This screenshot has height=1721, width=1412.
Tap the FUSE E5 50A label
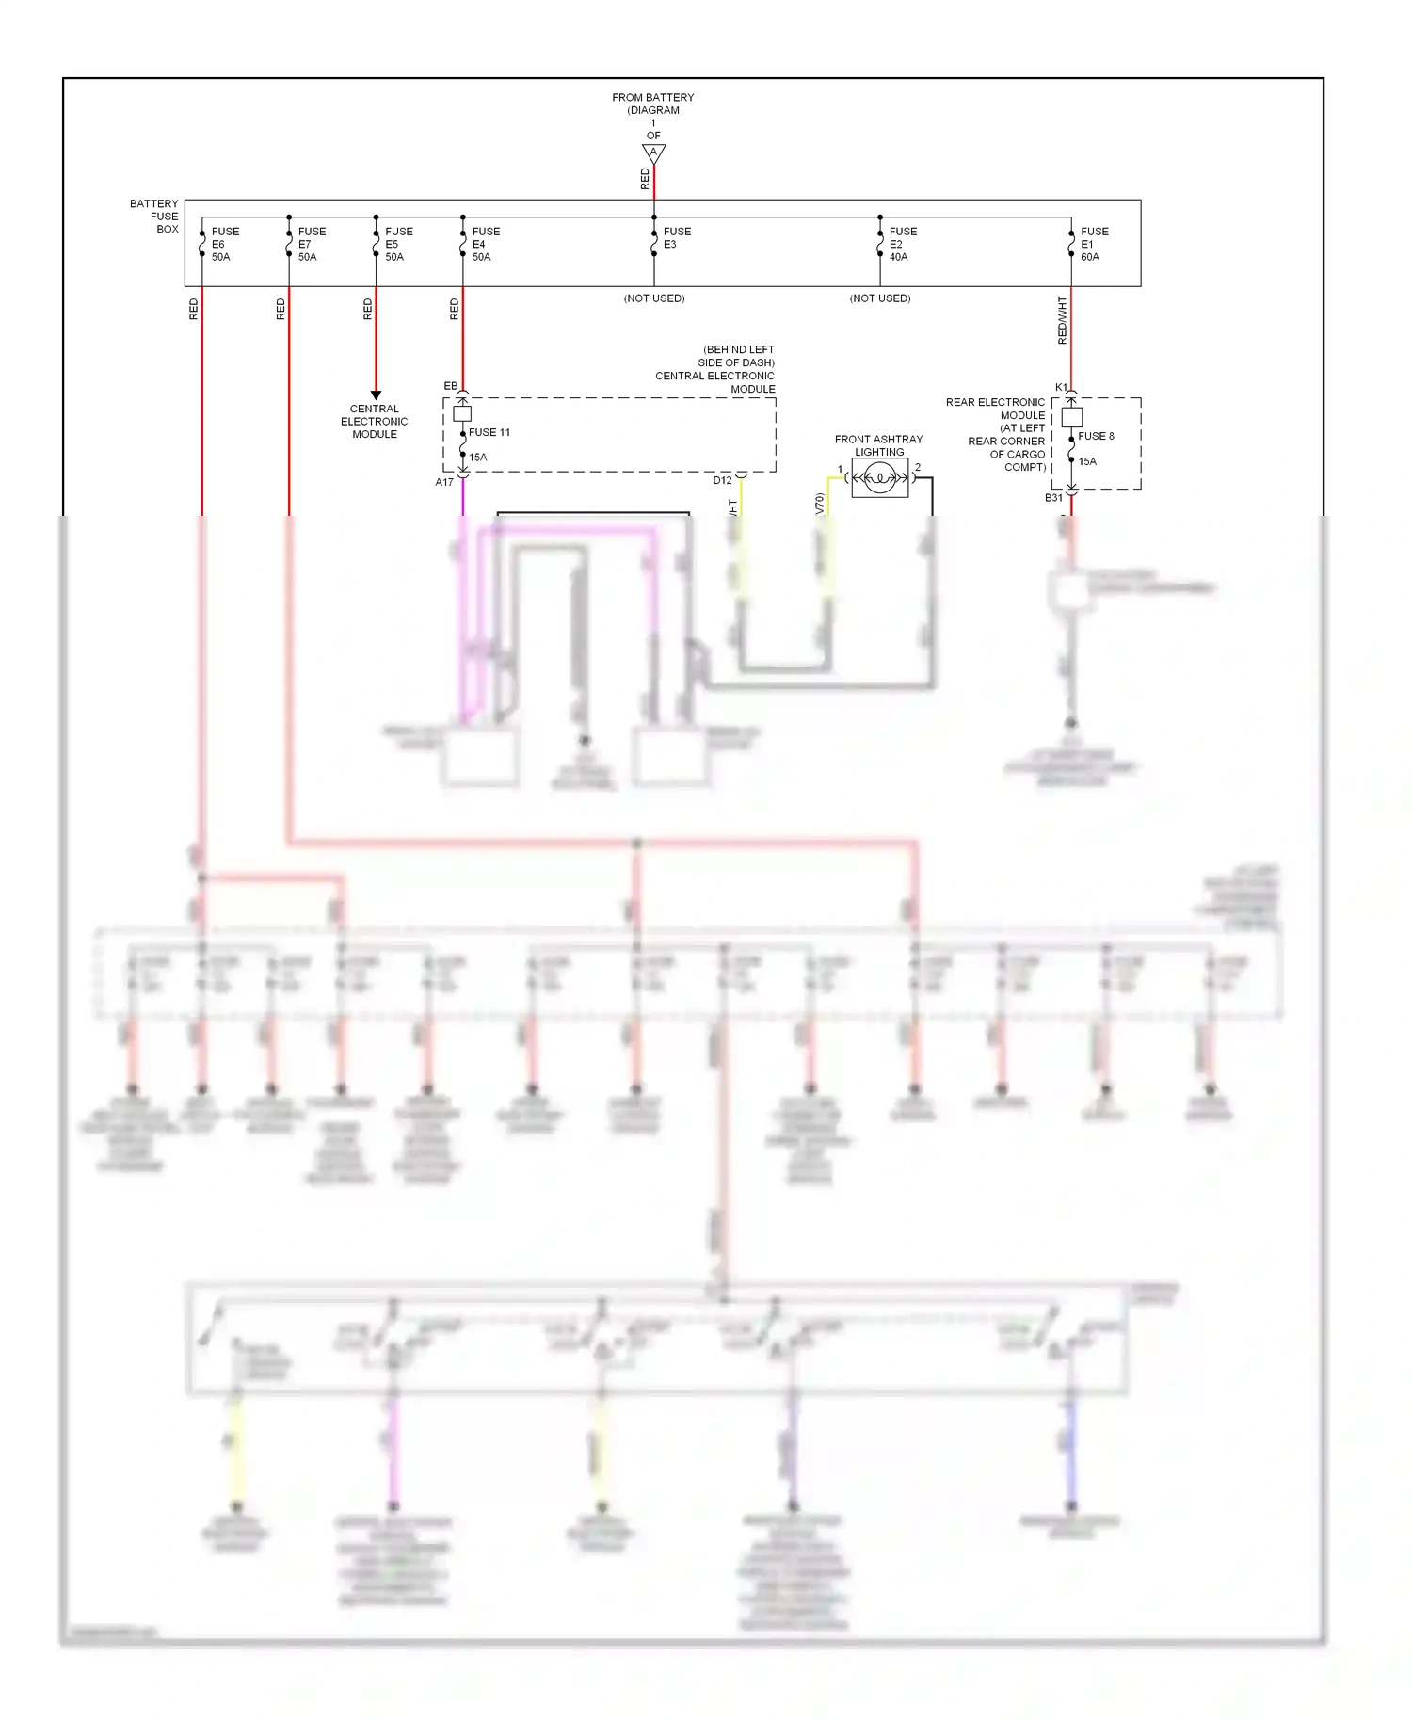click(398, 244)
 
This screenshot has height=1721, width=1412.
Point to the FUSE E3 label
click(676, 237)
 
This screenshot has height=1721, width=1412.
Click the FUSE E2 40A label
click(902, 244)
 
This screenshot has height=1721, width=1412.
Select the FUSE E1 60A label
click(1094, 244)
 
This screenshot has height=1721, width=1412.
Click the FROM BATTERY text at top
click(652, 97)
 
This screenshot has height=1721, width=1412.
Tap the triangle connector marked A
click(653, 153)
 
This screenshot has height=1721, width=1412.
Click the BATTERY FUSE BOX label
click(155, 217)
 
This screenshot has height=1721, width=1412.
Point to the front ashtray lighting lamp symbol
click(879, 478)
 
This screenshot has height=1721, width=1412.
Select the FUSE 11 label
click(489, 432)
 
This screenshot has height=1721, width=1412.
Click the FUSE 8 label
click(1096, 436)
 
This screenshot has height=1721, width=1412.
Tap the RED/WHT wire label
click(1062, 320)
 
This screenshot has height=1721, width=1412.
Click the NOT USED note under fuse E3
click(653, 298)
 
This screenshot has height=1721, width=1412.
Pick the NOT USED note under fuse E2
click(879, 298)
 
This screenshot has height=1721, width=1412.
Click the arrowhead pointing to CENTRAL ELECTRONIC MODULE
click(376, 395)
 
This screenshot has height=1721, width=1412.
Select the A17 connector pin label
click(444, 482)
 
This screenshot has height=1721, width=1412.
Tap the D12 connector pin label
click(722, 480)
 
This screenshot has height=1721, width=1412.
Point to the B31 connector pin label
click(1053, 497)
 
